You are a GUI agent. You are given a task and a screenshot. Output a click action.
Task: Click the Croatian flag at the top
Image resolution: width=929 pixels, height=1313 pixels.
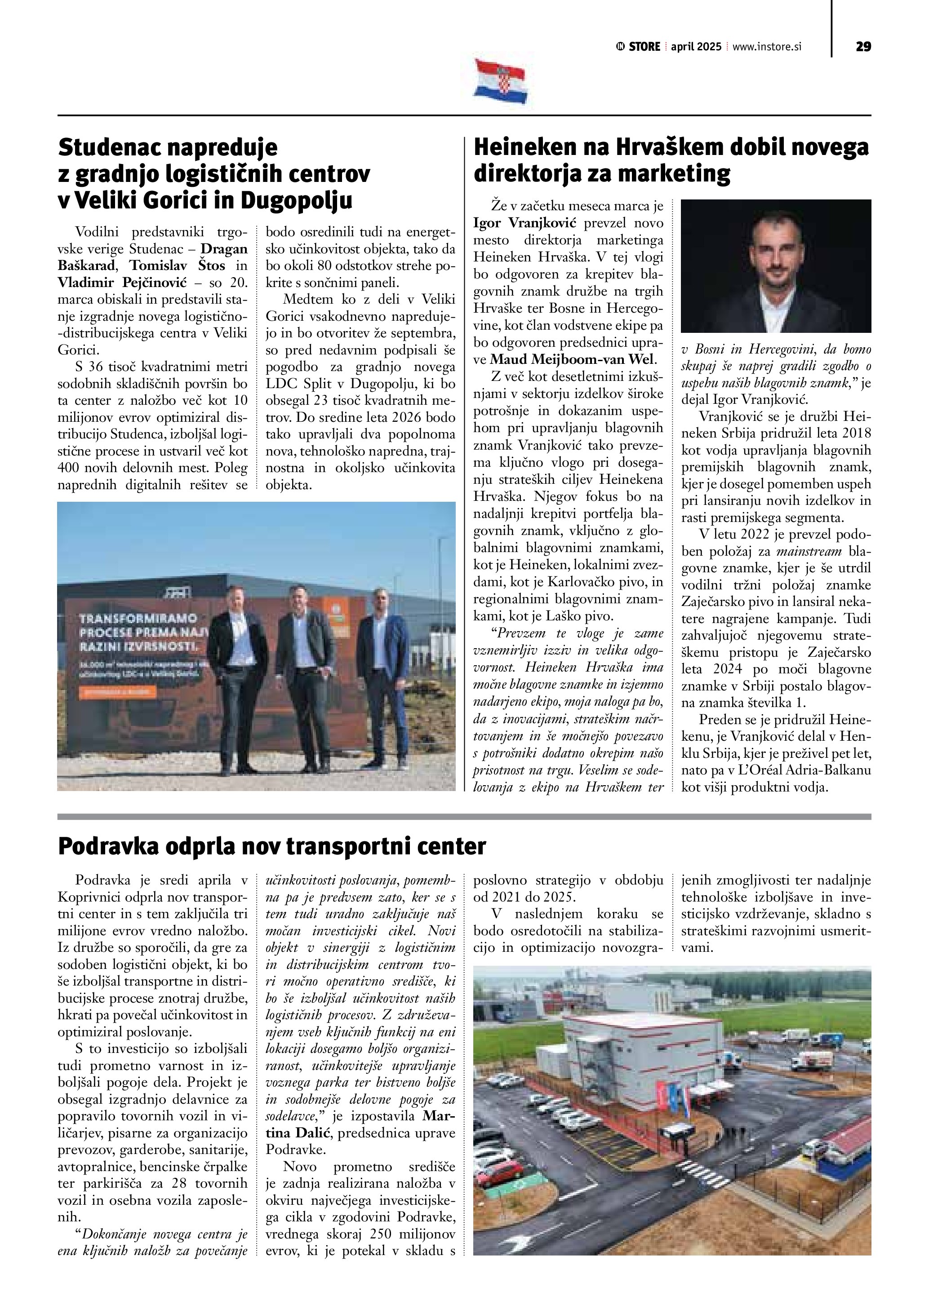(x=501, y=81)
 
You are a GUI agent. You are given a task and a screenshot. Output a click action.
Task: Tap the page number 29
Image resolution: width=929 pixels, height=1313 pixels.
(x=863, y=47)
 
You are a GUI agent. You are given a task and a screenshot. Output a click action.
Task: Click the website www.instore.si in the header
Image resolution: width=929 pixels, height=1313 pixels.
(x=767, y=47)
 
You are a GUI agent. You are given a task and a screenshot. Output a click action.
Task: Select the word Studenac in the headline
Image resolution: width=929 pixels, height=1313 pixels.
(x=109, y=147)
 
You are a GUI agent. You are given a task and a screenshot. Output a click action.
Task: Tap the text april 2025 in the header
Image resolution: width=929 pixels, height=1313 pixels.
(x=696, y=47)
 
